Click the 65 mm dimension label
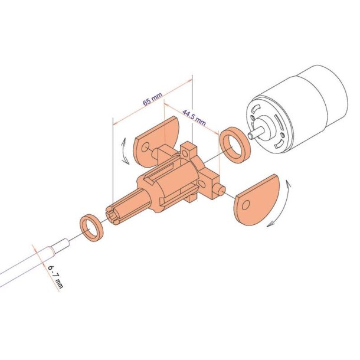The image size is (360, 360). (152, 99)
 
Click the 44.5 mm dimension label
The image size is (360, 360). (194, 117)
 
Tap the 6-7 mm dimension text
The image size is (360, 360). (55, 277)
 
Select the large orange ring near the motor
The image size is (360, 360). (235, 145)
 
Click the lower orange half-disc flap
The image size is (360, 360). (257, 199)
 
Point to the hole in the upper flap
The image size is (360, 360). (145, 147)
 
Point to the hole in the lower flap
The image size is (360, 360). (246, 204)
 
